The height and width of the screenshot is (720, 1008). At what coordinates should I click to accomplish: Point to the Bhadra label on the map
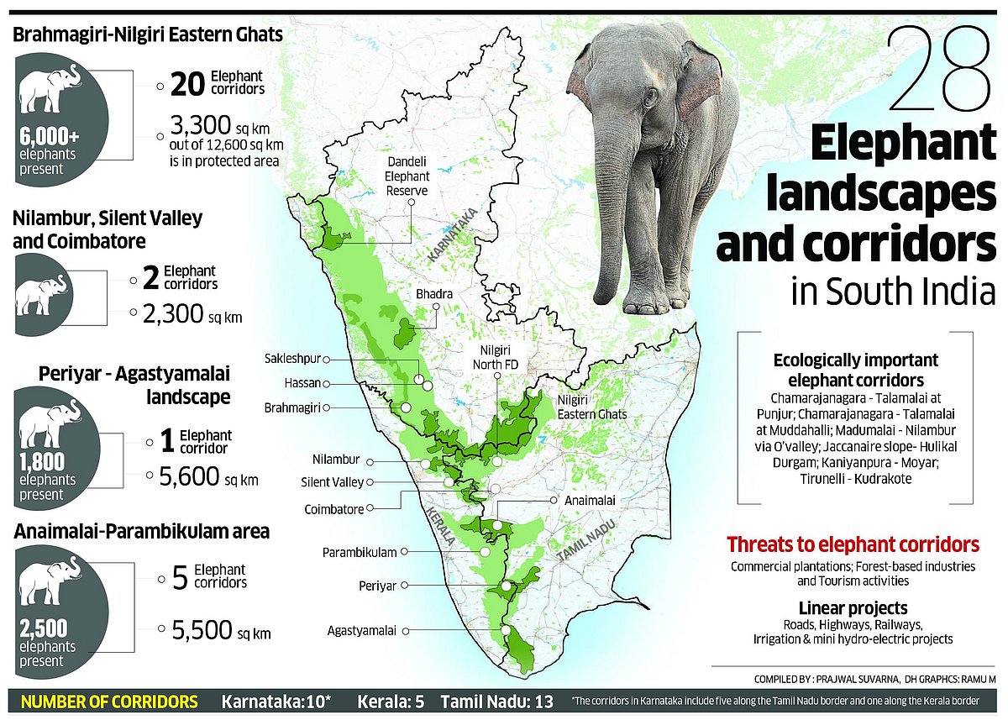click(x=434, y=295)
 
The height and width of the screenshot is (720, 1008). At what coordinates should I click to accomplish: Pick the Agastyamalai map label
click(x=364, y=629)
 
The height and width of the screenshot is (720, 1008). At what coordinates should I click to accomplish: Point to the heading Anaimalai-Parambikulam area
click(x=141, y=531)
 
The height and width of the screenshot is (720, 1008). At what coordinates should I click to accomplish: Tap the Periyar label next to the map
click(x=377, y=585)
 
